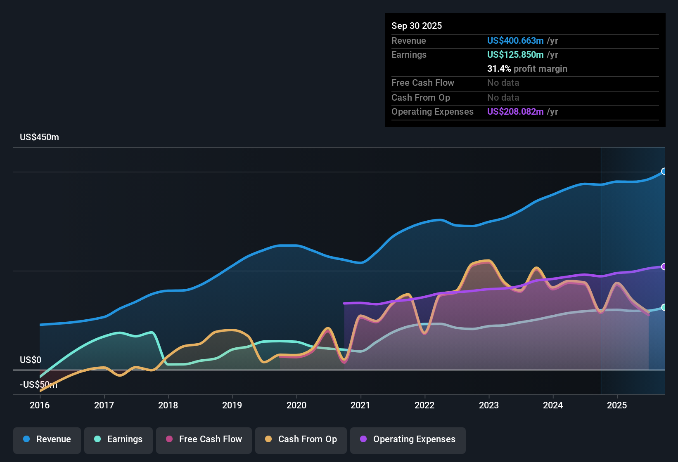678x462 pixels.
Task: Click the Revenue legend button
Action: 47,439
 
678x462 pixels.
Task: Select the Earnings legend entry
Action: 119,439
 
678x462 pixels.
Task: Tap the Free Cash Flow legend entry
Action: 204,439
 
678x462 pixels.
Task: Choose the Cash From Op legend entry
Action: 301,439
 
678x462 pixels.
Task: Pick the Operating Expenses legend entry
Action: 408,439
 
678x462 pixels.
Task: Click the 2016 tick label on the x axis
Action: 40,405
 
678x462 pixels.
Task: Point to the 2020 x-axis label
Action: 296,405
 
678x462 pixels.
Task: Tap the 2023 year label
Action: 489,405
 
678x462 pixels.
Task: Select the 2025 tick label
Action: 617,405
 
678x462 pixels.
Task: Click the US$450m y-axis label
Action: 39,137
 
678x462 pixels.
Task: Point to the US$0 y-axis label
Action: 31,360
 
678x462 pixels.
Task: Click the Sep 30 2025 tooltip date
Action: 416,26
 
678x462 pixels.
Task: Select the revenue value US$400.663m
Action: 515,40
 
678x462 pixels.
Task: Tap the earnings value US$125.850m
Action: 515,54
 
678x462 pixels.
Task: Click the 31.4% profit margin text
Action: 527,68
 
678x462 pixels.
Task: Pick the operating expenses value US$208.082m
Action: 515,111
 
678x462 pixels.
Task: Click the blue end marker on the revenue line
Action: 664,171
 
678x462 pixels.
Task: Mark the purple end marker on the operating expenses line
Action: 664,266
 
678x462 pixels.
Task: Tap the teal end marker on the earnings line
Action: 664,307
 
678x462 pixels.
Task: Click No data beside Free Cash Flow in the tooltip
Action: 503,82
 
